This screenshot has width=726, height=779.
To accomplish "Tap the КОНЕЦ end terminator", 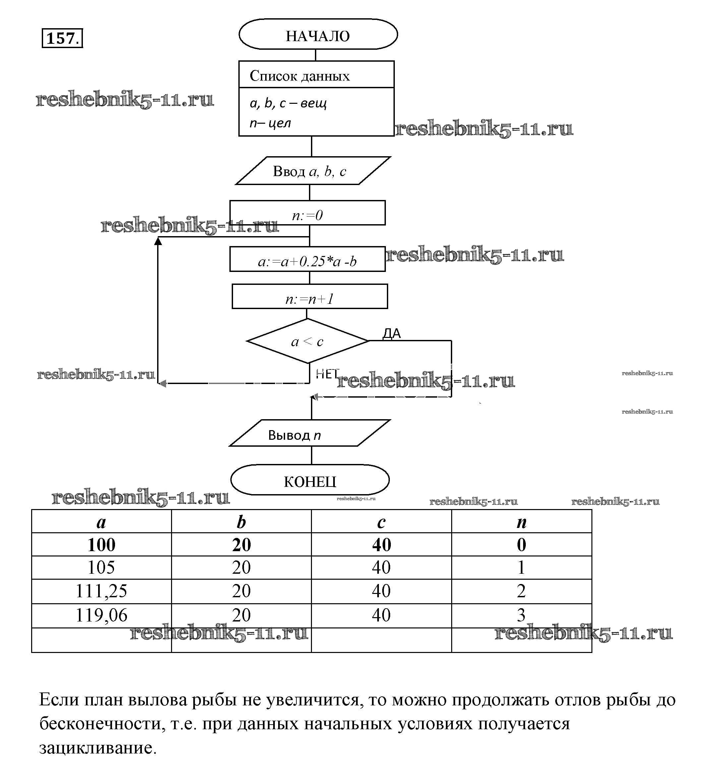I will pyautogui.click(x=310, y=481).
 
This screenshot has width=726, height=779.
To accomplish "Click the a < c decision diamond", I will pyautogui.click(x=307, y=341).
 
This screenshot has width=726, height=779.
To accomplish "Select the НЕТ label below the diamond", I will pyautogui.click(x=326, y=374).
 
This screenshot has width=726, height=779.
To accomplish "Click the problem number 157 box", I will pyautogui.click(x=62, y=38).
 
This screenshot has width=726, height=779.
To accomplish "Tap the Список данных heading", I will pyautogui.click(x=300, y=75).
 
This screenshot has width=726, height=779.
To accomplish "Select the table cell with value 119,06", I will pyautogui.click(x=101, y=615).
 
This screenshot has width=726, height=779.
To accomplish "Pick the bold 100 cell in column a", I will pyautogui.click(x=101, y=545).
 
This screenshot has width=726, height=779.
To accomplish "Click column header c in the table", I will pyautogui.click(x=381, y=522).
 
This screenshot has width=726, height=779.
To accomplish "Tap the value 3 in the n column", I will pyautogui.click(x=521, y=615).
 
